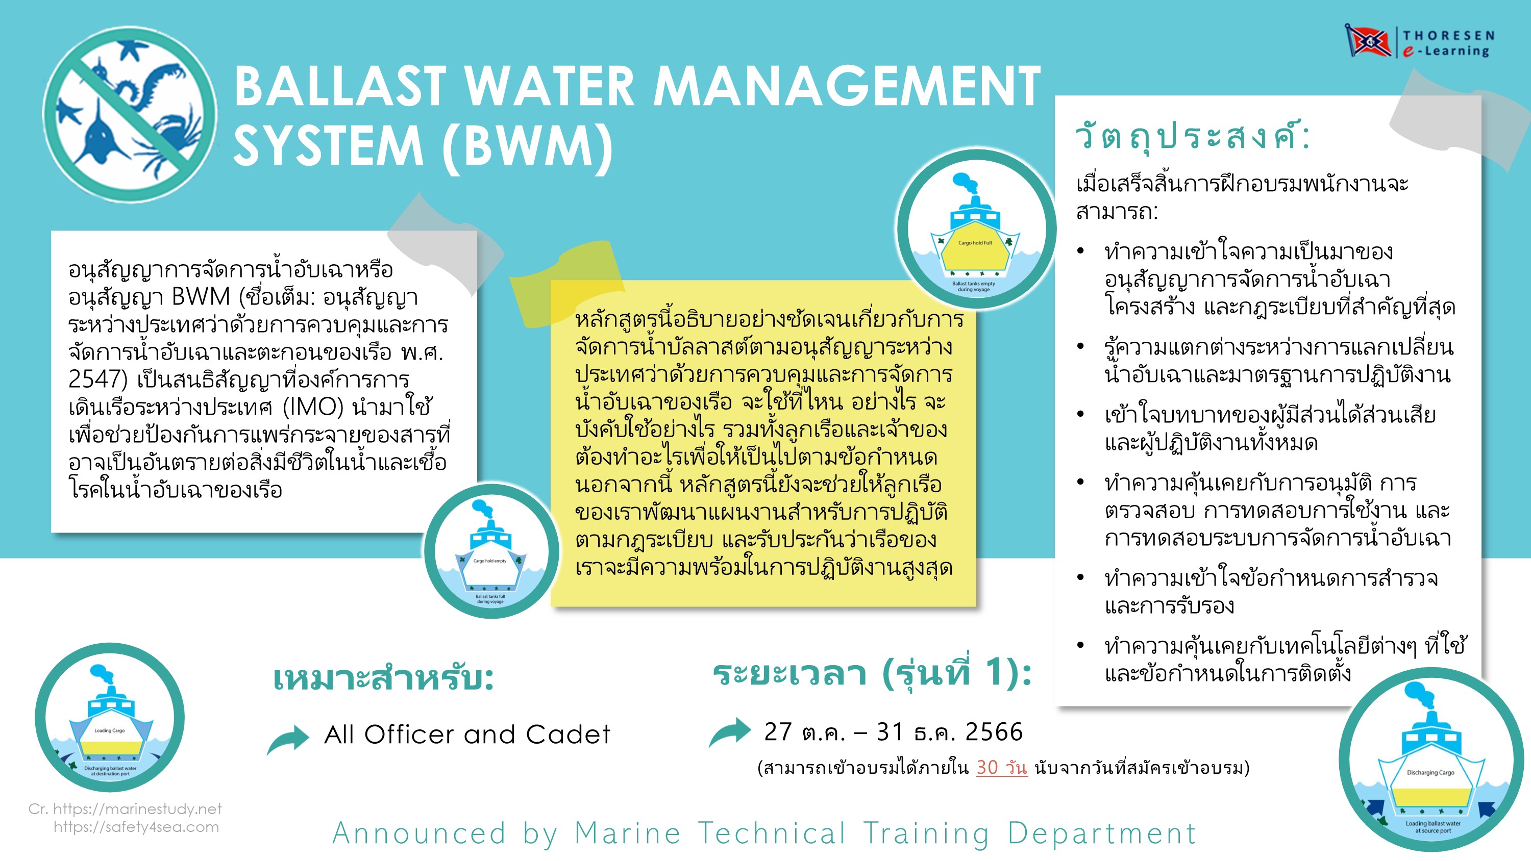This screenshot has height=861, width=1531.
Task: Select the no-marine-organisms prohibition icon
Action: (130, 115)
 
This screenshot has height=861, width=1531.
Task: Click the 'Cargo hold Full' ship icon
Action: (975, 229)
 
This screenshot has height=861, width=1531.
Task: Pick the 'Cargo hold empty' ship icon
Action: (491, 551)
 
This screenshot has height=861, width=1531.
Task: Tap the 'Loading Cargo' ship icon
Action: (110, 717)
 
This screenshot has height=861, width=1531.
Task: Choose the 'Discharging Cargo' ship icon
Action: (1430, 760)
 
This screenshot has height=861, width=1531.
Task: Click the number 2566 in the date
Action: (994, 732)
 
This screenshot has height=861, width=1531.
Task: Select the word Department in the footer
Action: (1101, 833)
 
